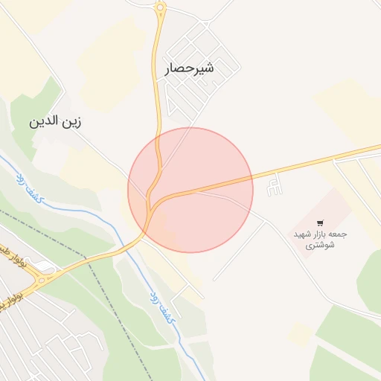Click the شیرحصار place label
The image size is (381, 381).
tap(189, 68)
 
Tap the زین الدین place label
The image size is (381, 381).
tap(54, 121)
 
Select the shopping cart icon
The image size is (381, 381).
tap(320, 222)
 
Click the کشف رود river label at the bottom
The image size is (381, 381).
tap(163, 307)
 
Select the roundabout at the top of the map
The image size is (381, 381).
tap(160, 8)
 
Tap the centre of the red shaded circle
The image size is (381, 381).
tap(190, 190)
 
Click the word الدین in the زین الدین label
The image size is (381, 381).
tap(42, 121)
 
